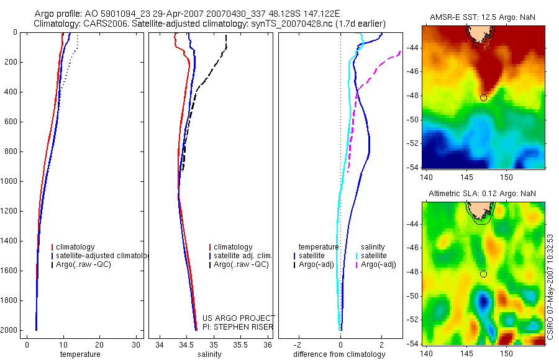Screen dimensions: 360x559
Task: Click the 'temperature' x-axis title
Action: click(80, 354)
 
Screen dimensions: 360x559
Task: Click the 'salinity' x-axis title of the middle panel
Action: click(209, 354)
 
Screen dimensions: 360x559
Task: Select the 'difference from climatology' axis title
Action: click(339, 354)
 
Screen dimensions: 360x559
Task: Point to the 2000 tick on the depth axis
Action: click(10, 330)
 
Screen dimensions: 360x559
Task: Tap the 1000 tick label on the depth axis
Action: click(10, 181)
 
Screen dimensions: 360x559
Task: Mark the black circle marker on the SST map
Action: click(483, 97)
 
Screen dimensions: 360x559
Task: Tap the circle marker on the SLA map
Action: click(483, 274)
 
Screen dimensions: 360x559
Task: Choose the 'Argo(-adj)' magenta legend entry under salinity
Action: click(378, 265)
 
